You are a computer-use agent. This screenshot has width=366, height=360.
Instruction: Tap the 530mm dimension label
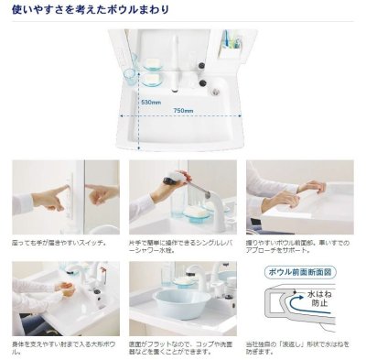(x=152, y=102)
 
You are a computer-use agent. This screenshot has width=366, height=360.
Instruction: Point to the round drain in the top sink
(x=216, y=91)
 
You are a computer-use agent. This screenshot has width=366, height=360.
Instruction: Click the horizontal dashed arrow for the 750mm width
(x=183, y=118)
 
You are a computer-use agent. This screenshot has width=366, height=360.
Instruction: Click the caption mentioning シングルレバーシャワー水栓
(x=179, y=247)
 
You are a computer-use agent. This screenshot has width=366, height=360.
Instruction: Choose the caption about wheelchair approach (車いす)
(x=298, y=247)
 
